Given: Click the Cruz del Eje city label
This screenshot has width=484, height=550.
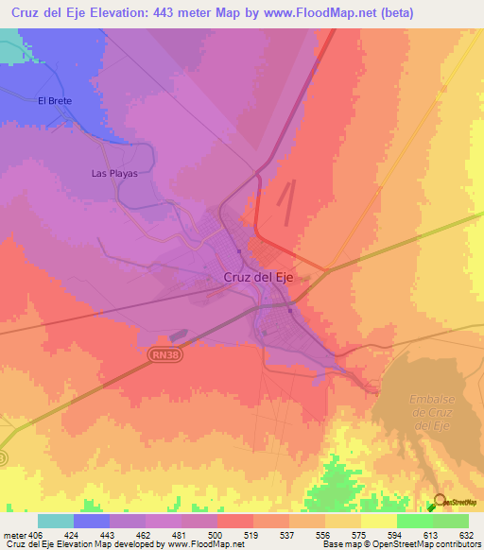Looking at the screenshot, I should [x=260, y=277].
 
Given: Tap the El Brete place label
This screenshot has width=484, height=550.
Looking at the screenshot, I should [x=54, y=100].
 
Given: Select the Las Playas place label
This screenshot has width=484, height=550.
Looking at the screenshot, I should [x=114, y=174].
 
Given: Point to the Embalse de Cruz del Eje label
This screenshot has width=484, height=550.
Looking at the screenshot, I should [x=434, y=412].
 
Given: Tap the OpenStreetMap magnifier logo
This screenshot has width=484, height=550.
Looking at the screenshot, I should [x=440, y=503].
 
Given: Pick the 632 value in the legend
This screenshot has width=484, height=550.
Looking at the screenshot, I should [x=467, y=535].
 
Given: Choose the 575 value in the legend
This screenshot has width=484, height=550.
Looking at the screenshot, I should [x=360, y=535].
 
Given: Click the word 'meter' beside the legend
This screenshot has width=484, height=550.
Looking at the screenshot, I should [x=15, y=535].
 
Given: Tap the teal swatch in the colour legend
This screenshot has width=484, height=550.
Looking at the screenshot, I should [x=56, y=521].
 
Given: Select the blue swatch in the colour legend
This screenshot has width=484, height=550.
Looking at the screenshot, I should [x=92, y=521].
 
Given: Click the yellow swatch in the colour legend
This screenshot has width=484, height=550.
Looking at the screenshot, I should [x=378, y=521].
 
